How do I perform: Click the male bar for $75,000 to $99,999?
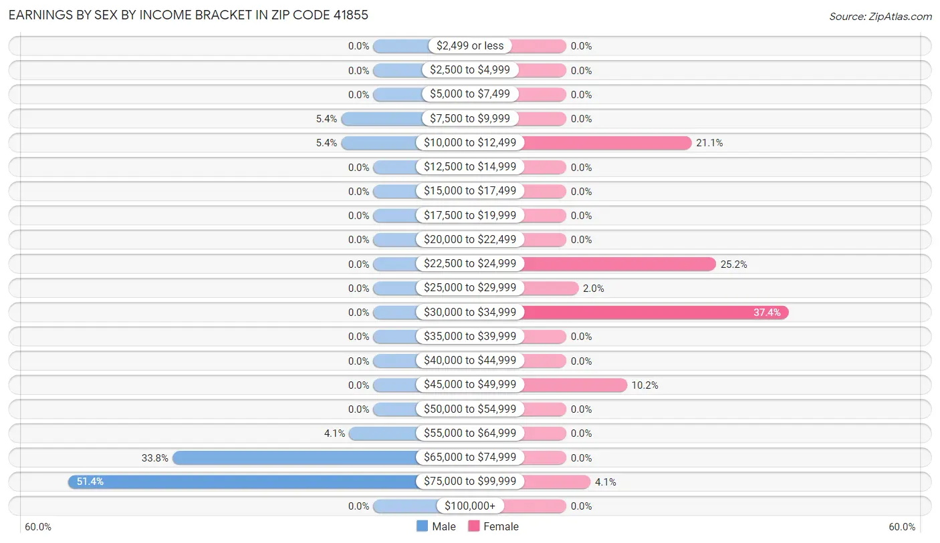click(244, 482)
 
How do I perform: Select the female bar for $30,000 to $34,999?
click(655, 313)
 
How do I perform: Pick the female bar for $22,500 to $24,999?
click(618, 264)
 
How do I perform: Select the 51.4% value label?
click(90, 482)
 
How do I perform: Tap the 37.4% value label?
click(767, 313)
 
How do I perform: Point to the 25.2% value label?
click(733, 264)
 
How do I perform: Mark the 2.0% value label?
click(594, 289)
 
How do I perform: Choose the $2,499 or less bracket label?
click(470, 46)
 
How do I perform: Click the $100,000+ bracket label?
click(470, 506)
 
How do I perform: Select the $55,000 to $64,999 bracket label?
click(470, 433)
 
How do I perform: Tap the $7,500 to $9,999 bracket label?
click(470, 119)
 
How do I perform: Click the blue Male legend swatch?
click(423, 526)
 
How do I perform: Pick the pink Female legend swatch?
click(474, 526)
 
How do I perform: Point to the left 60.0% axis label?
click(38, 527)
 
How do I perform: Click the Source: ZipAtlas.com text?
click(880, 16)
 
